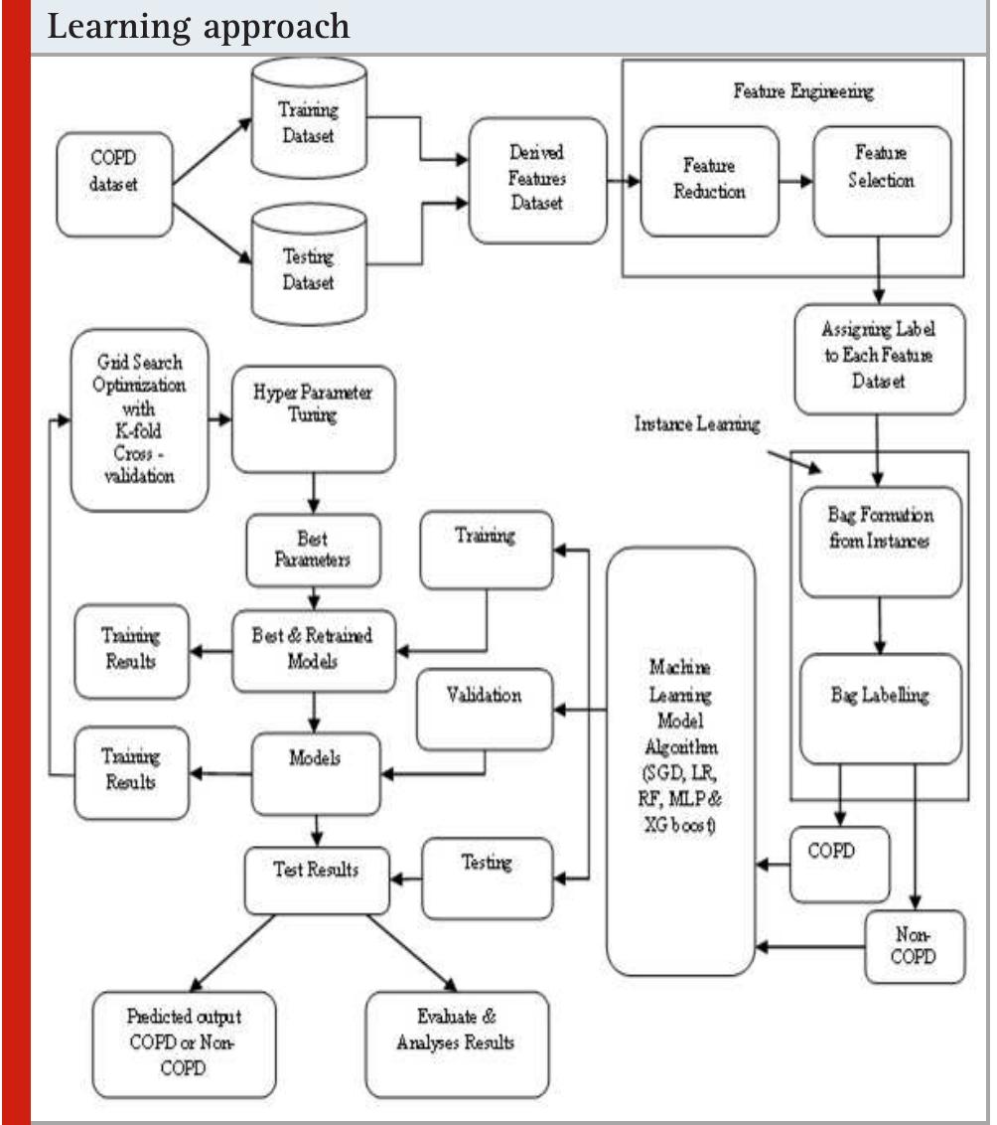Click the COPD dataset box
[x=114, y=185]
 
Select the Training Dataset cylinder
[x=309, y=117]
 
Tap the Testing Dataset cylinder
[x=309, y=263]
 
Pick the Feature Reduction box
[x=710, y=182]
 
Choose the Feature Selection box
[x=883, y=182]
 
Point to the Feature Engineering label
[x=803, y=91]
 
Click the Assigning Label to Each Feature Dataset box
[x=880, y=360]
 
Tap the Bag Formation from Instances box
[x=881, y=543]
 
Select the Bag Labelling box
[x=881, y=709]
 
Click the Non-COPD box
[x=916, y=946]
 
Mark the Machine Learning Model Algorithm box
[x=681, y=761]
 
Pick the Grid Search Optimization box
[x=140, y=420]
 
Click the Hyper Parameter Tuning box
[x=314, y=419]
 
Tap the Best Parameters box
[x=313, y=551]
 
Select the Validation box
[x=486, y=711]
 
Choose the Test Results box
[x=318, y=882]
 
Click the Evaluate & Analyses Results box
[x=457, y=1045]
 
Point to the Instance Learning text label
[x=697, y=424]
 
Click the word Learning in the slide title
[x=119, y=27]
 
